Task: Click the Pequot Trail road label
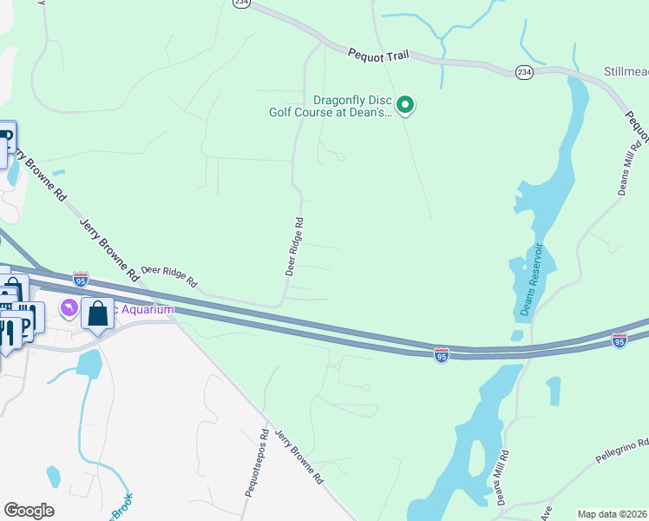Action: (x=378, y=55)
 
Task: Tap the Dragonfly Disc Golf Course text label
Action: (x=329, y=105)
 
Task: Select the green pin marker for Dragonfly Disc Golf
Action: (x=405, y=106)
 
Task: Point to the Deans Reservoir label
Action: (x=531, y=280)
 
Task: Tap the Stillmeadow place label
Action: (x=626, y=70)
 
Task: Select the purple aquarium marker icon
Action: (x=68, y=308)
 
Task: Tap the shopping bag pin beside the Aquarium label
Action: (x=97, y=313)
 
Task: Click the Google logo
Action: (x=29, y=511)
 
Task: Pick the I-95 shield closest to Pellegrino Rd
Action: (x=619, y=340)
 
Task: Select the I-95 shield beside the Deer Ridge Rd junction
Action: (x=80, y=279)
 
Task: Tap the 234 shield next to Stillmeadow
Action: (x=523, y=71)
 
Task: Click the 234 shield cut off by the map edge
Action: (x=241, y=3)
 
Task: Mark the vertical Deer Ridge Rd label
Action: (x=294, y=247)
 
